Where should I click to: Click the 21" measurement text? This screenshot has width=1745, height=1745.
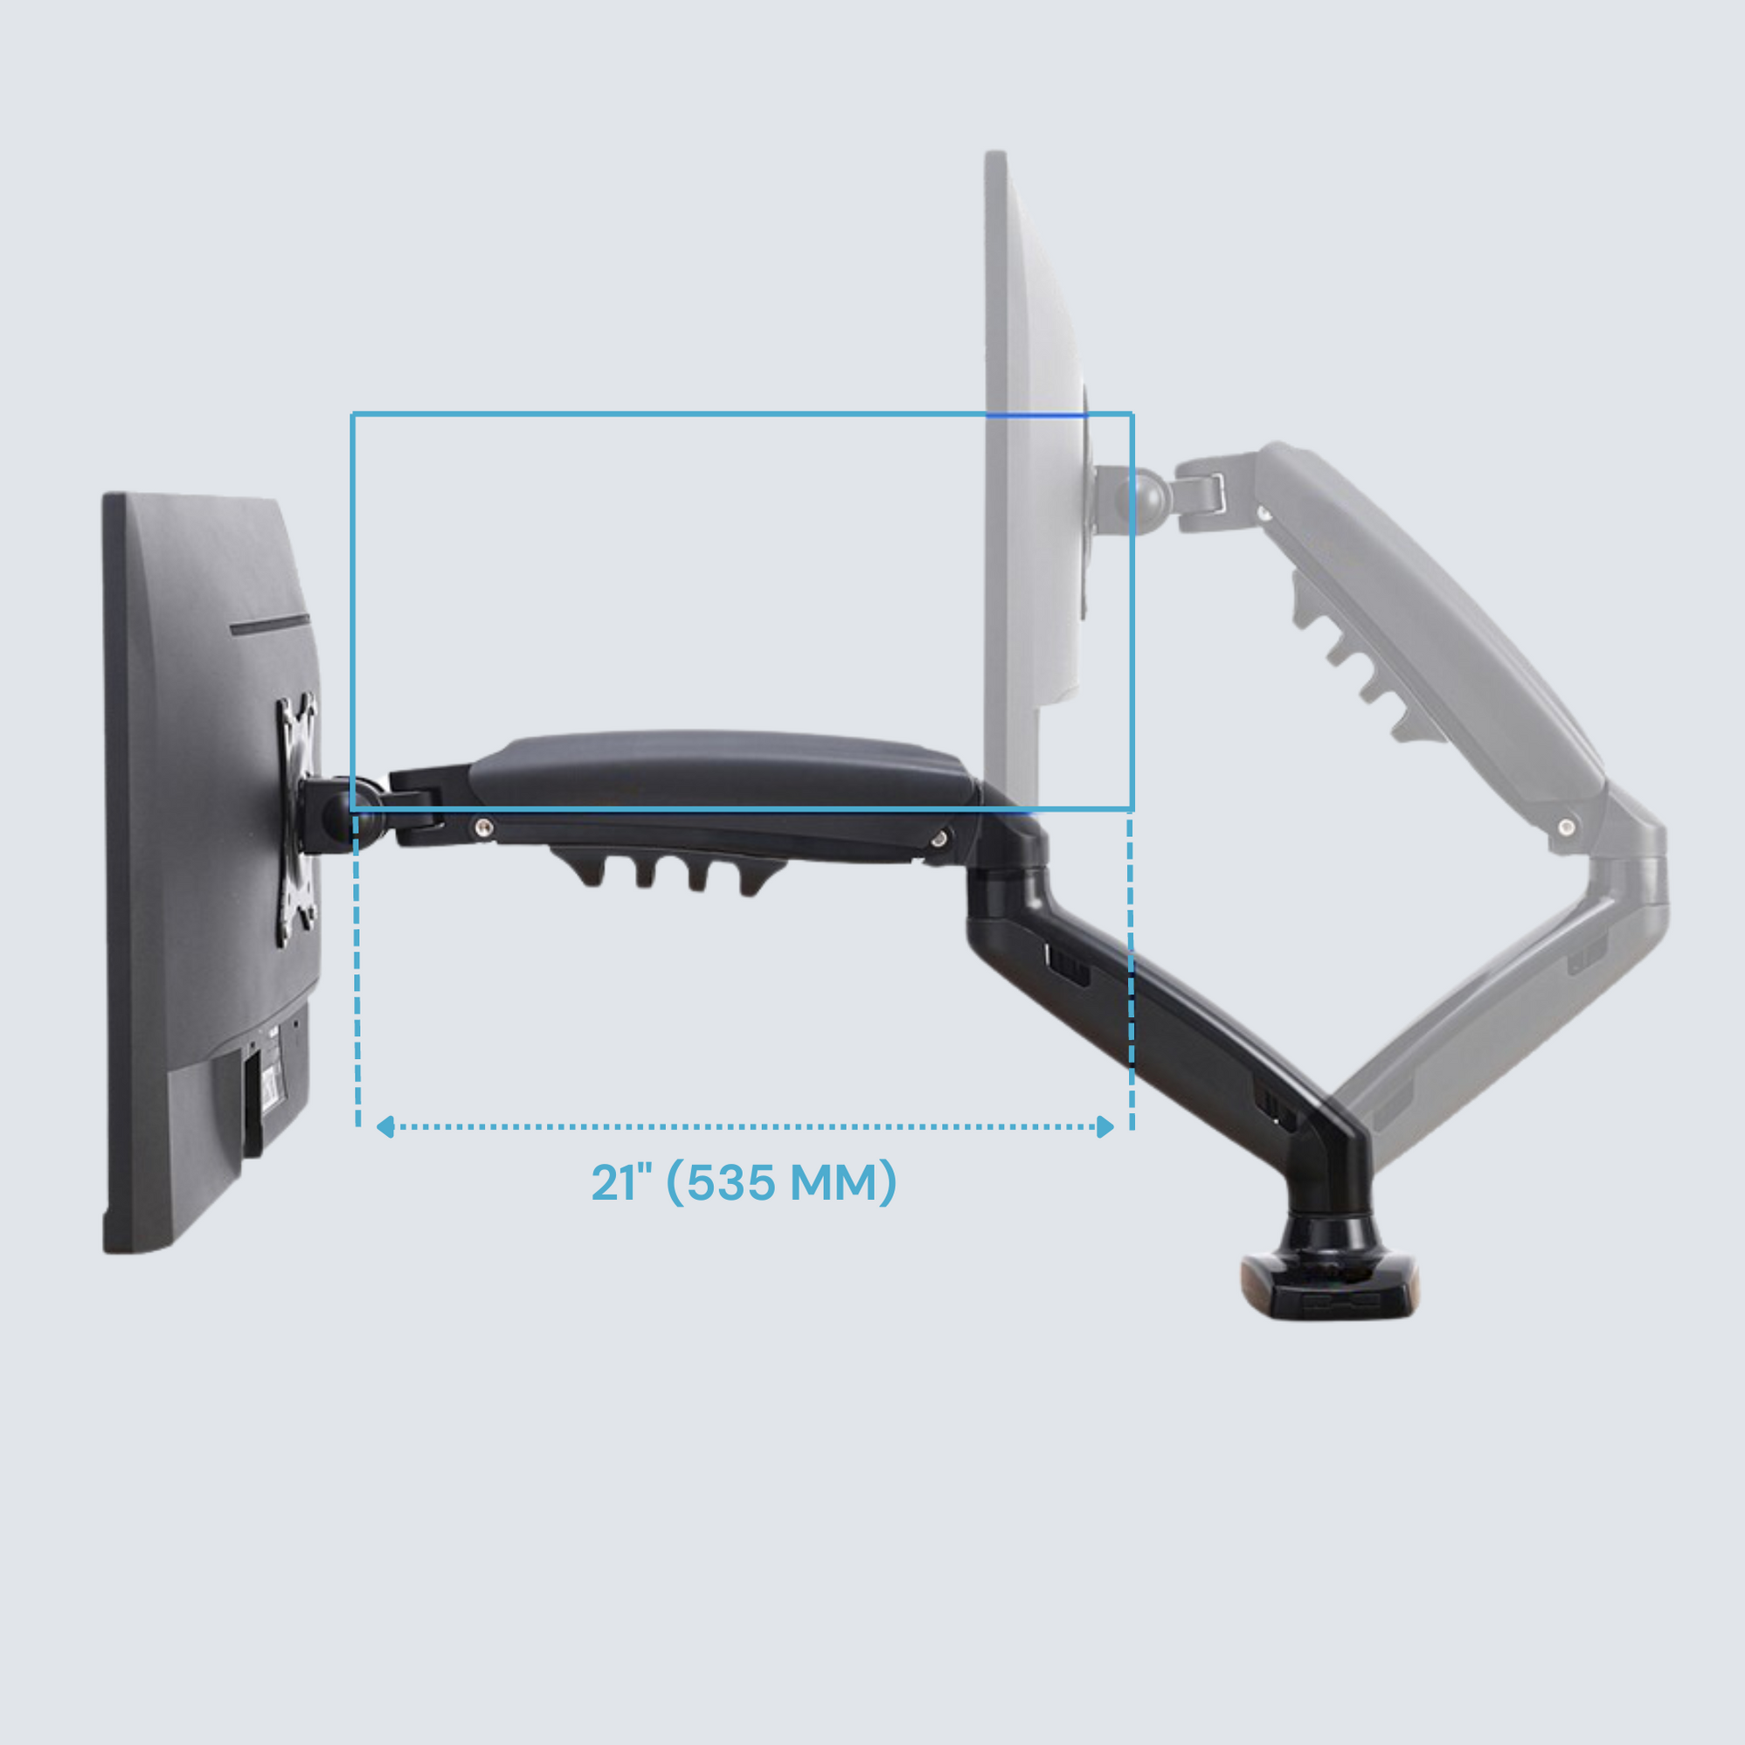coord(620,1182)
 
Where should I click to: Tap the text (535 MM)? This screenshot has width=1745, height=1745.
coord(782,1182)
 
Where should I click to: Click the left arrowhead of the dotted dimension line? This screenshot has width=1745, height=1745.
coord(385,1126)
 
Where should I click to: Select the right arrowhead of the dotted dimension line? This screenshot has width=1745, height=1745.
coord(1104,1126)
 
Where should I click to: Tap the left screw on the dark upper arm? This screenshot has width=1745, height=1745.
coord(484,826)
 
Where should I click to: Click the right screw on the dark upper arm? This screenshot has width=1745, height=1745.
coord(939,839)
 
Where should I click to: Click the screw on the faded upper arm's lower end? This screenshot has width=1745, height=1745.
coord(1567,827)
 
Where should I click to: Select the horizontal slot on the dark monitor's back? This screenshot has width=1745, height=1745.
coord(269,624)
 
